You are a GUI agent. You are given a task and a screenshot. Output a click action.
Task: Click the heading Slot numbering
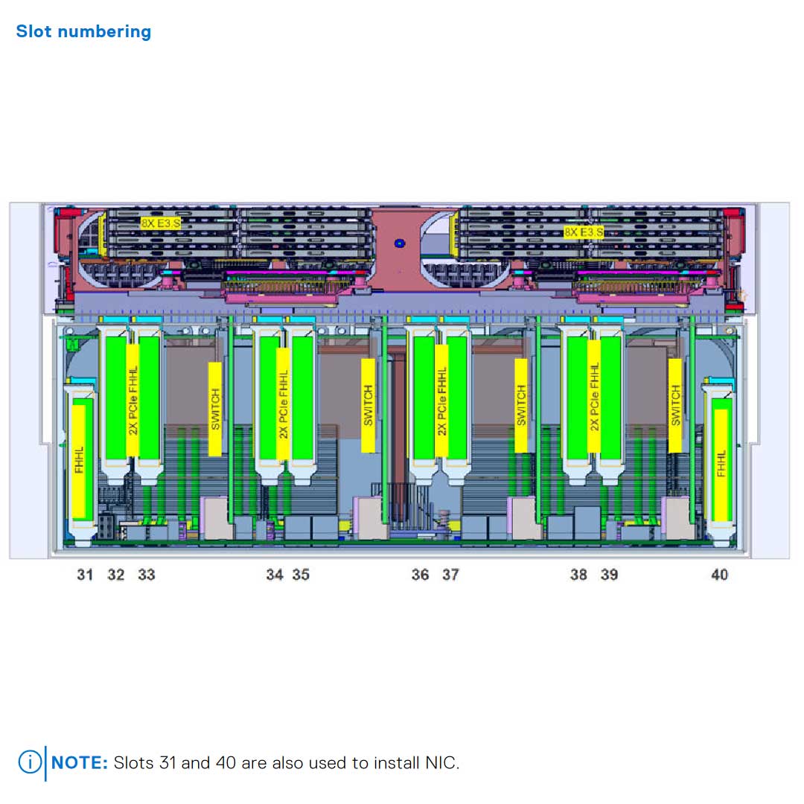[83, 32]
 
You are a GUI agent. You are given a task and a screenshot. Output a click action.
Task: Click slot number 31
[85, 575]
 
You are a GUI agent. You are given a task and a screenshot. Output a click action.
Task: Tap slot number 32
[116, 575]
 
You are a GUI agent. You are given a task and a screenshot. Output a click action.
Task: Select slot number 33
[147, 575]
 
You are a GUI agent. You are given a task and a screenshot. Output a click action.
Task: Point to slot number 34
[275, 575]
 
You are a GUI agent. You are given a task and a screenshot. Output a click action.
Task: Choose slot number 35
[301, 575]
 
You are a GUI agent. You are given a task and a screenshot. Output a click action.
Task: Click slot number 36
[420, 575]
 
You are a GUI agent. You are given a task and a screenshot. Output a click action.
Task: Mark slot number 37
[450, 575]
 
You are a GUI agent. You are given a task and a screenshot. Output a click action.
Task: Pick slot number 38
[578, 575]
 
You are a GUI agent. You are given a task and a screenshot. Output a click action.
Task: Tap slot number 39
[609, 575]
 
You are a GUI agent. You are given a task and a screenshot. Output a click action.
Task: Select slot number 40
[719, 575]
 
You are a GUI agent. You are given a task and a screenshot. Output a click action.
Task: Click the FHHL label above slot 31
[79, 462]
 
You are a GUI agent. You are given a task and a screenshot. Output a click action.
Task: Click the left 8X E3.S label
[161, 223]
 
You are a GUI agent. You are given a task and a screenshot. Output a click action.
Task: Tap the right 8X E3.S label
[584, 232]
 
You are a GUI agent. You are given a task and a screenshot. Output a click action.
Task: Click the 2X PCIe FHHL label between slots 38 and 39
[594, 397]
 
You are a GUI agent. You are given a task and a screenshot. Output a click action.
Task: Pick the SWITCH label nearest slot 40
[675, 406]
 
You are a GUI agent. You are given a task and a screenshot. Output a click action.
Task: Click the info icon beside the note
[30, 762]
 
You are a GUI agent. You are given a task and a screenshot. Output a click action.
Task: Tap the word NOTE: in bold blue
[80, 763]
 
